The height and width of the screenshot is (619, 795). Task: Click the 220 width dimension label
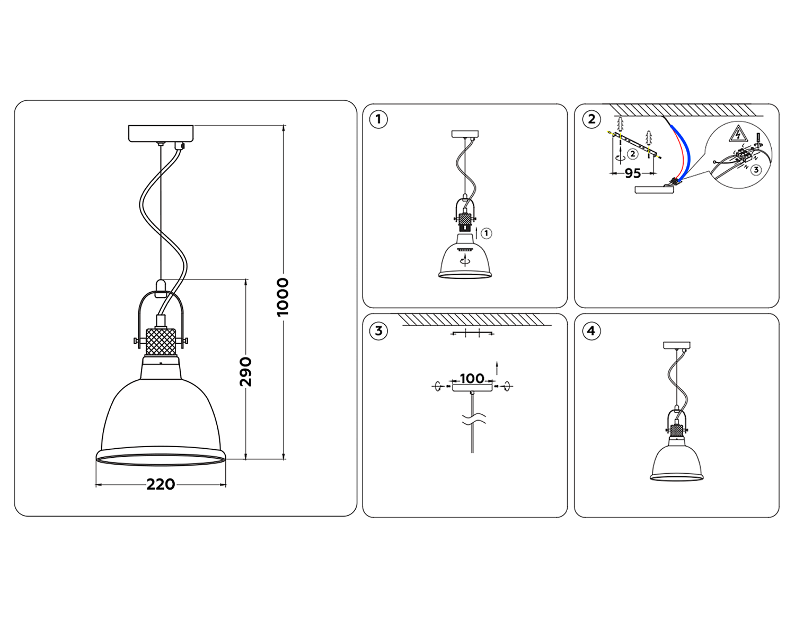(x=161, y=484)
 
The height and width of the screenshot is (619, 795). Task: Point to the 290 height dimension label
(x=245, y=371)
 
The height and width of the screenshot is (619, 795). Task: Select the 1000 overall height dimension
(x=283, y=297)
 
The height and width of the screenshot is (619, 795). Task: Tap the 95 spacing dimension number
(x=632, y=173)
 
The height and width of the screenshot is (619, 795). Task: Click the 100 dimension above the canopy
(x=472, y=379)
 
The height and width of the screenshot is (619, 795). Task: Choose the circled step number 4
(x=591, y=331)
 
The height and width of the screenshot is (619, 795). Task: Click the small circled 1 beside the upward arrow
(x=487, y=233)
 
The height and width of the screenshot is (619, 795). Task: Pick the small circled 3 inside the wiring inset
(x=756, y=170)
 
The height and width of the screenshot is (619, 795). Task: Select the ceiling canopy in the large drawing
(x=161, y=133)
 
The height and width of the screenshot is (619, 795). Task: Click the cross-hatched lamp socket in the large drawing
(x=161, y=342)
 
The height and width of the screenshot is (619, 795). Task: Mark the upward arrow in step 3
(x=497, y=368)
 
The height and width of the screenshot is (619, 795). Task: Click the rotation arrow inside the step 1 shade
(x=465, y=260)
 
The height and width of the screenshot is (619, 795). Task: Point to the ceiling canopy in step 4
(x=677, y=345)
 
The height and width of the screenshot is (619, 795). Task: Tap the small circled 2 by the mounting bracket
(x=632, y=154)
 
